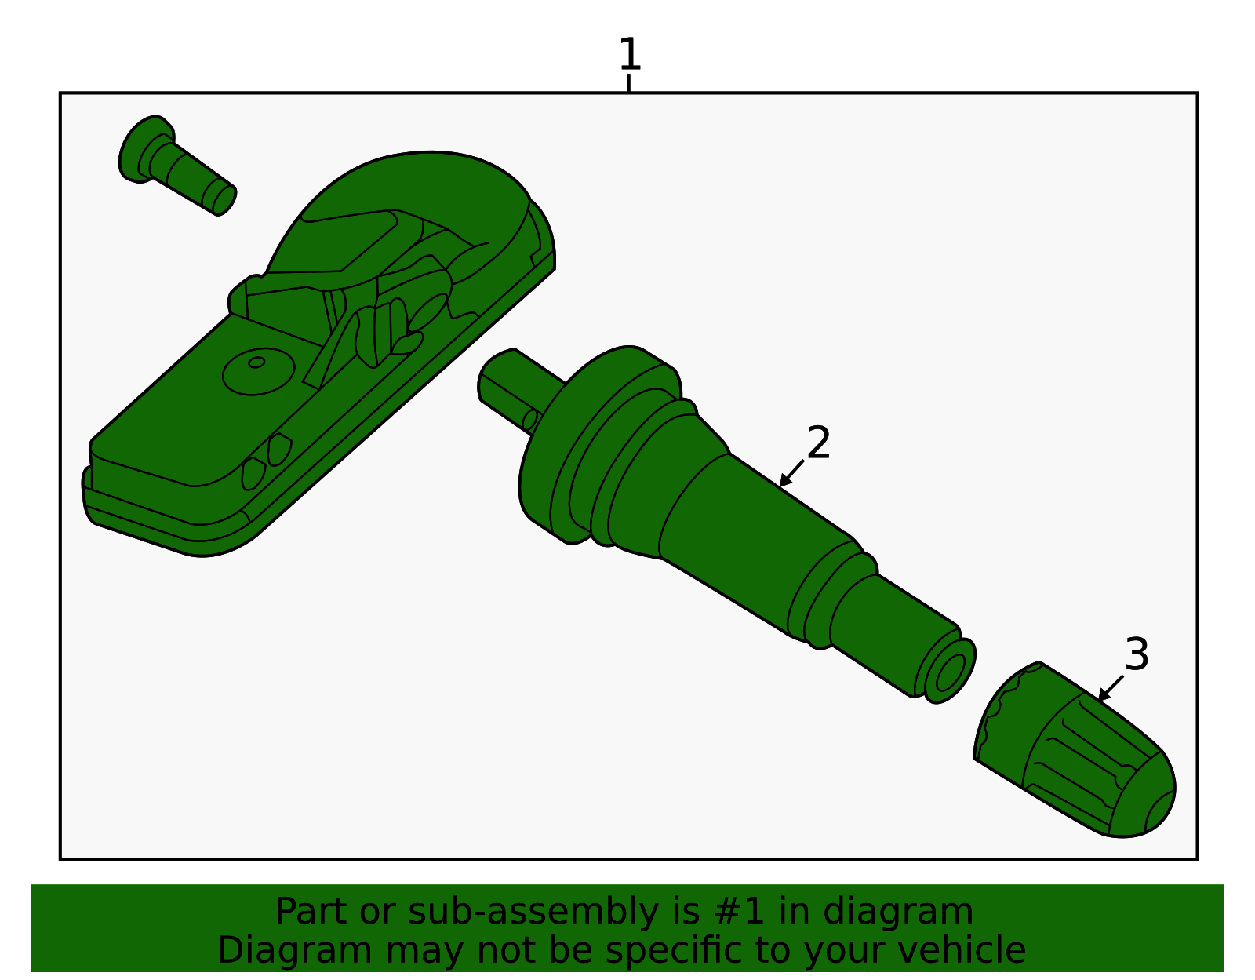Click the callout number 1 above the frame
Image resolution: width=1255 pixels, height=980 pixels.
click(629, 53)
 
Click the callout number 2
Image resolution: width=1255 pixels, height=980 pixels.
click(818, 443)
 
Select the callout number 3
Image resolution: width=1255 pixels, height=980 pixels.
click(1137, 654)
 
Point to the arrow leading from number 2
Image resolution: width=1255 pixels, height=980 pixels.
click(791, 474)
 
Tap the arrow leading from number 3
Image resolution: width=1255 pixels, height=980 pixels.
click(1110, 688)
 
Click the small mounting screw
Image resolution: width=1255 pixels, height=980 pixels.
click(176, 165)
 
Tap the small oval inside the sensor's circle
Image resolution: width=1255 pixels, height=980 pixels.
click(256, 362)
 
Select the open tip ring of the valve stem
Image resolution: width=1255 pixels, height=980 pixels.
click(950, 672)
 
